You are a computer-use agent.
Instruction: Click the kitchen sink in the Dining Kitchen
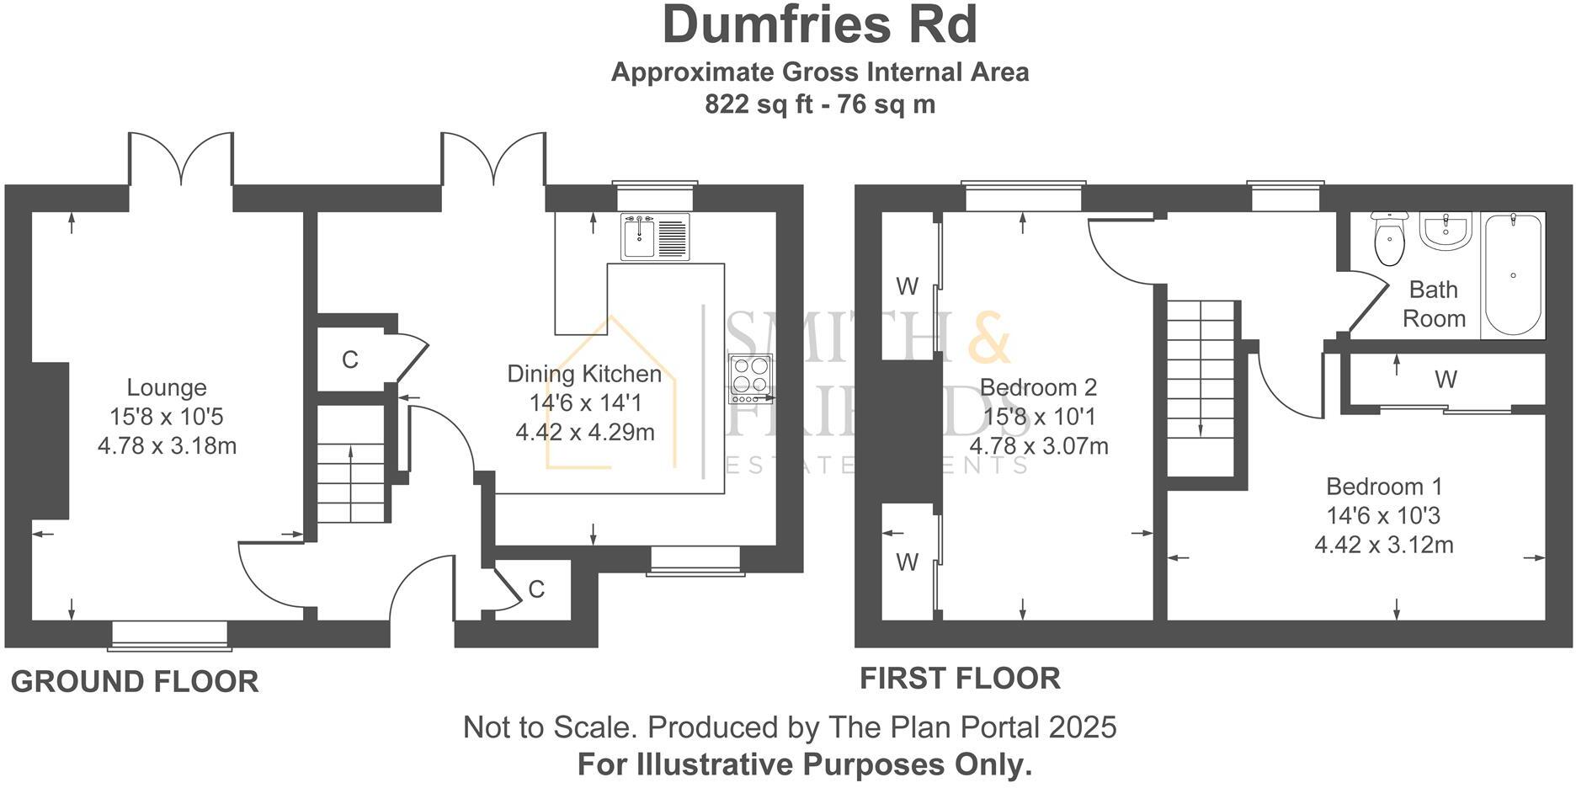655,237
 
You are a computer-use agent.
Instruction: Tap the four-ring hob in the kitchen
751,379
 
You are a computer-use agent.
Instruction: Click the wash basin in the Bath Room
1445,230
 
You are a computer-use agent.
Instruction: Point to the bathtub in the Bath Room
1513,274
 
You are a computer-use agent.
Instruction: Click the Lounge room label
167,388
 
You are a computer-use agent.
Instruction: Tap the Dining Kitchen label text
584,374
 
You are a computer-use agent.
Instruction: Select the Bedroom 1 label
1384,487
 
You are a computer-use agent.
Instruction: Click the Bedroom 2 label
1038,387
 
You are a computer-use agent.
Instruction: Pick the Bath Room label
1433,304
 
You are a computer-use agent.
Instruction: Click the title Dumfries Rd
819,25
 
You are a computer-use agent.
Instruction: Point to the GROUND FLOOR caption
135,682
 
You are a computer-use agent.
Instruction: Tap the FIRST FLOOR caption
960,678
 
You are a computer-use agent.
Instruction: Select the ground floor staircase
350,471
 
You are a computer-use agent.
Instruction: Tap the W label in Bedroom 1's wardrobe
1446,380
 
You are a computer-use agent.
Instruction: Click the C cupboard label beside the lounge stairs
350,360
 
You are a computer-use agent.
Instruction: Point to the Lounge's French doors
180,160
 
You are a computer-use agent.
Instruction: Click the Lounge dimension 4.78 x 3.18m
167,445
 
